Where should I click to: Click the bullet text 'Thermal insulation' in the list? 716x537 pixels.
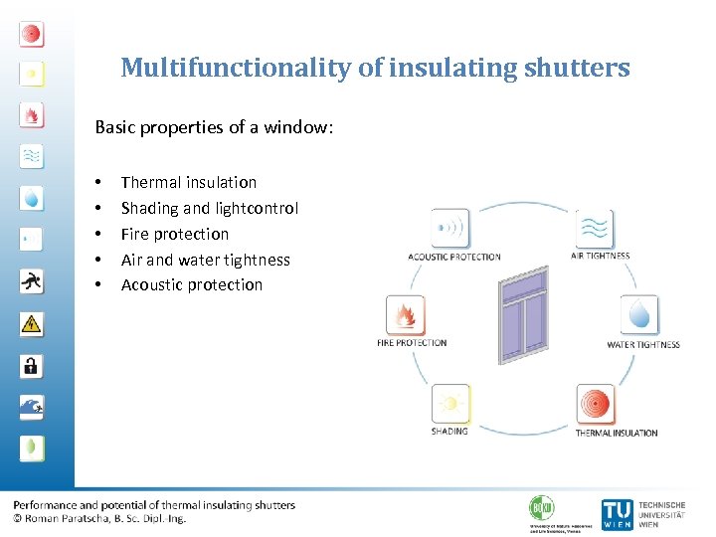(x=188, y=182)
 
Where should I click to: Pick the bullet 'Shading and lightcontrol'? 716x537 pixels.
(x=209, y=208)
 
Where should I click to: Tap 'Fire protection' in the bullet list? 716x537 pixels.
(x=174, y=234)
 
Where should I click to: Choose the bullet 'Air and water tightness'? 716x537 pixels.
(x=205, y=260)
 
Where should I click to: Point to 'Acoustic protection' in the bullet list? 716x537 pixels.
(x=191, y=284)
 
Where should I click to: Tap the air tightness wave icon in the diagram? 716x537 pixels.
(x=595, y=229)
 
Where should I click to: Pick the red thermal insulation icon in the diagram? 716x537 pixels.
(x=597, y=404)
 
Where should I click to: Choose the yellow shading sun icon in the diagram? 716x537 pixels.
(x=449, y=404)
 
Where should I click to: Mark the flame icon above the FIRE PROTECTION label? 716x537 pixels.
(x=406, y=316)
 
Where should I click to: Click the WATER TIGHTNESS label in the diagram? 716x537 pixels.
(x=643, y=345)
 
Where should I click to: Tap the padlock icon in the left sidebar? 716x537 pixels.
(x=32, y=365)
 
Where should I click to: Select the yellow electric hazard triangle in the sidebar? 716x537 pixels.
(x=32, y=323)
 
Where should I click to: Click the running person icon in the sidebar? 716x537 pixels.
(x=32, y=281)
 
